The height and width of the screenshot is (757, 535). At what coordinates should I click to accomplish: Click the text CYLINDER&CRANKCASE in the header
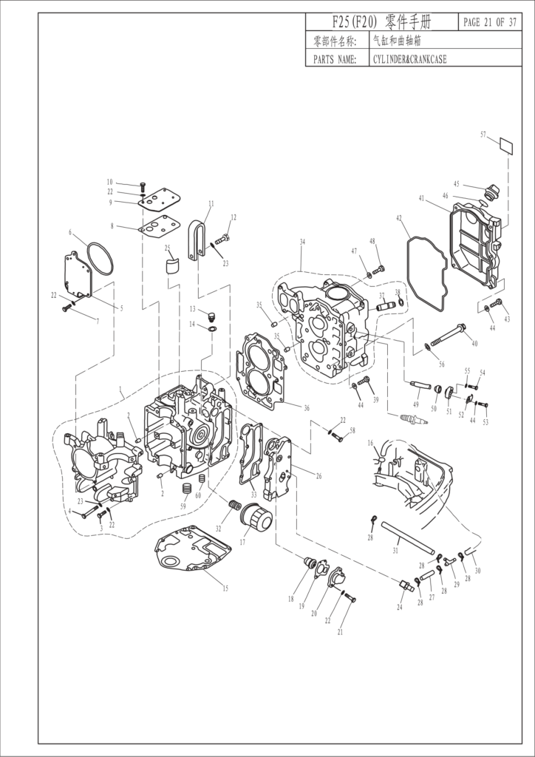411,59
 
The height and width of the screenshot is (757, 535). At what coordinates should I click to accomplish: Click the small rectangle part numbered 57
505,145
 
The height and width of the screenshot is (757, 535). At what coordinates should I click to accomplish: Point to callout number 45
457,184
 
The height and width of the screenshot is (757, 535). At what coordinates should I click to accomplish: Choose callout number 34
302,242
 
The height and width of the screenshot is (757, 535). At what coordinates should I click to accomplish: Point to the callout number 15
226,588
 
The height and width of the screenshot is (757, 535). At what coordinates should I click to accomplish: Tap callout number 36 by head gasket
307,407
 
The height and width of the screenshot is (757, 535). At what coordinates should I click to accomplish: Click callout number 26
318,477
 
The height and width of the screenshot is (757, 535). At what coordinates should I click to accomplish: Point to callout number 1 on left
120,387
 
